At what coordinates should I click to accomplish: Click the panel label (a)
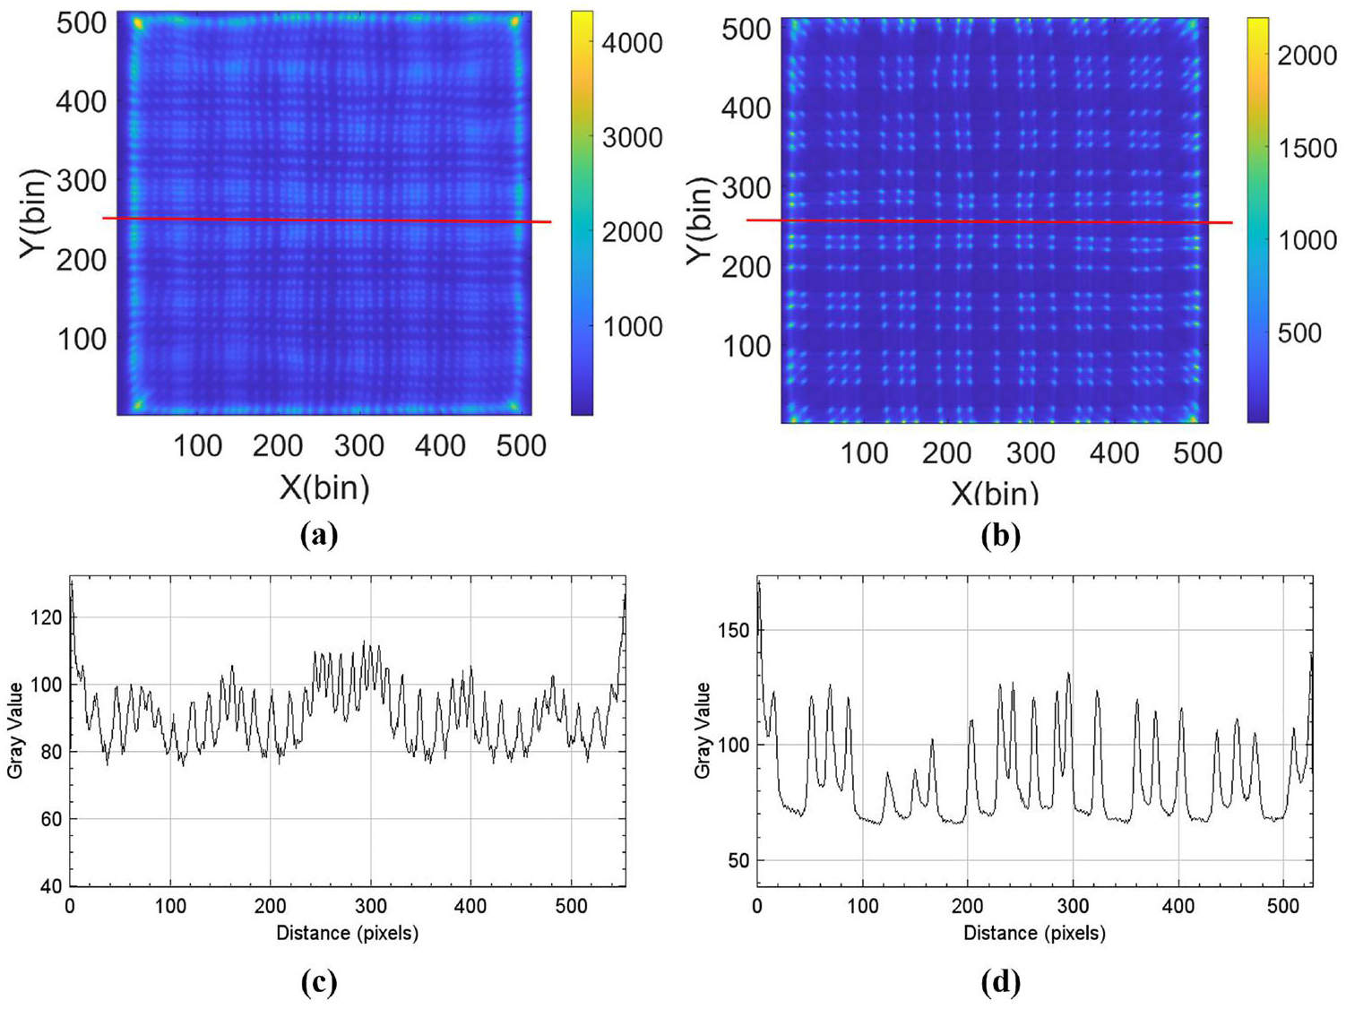(320, 535)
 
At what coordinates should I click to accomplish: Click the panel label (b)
(1001, 535)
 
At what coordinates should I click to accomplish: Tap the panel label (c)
(320, 982)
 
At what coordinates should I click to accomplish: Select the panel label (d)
(1001, 982)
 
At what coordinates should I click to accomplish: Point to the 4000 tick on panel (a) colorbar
(632, 42)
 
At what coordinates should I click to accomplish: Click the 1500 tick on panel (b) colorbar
(1307, 148)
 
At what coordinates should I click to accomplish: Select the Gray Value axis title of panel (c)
(15, 730)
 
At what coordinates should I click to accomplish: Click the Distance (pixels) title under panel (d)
(1034, 933)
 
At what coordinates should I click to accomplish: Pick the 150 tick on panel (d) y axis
(733, 630)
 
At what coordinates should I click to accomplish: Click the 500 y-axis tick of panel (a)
(82, 23)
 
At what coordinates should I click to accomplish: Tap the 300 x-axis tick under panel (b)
(1031, 453)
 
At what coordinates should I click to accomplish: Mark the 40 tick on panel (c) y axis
(51, 885)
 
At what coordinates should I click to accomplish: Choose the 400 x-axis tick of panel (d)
(1178, 906)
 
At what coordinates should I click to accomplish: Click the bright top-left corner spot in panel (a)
(138, 23)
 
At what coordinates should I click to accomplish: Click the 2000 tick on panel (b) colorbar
(1307, 56)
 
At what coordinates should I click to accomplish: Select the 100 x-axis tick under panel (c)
(170, 906)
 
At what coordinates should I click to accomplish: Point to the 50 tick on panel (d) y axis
(738, 860)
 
